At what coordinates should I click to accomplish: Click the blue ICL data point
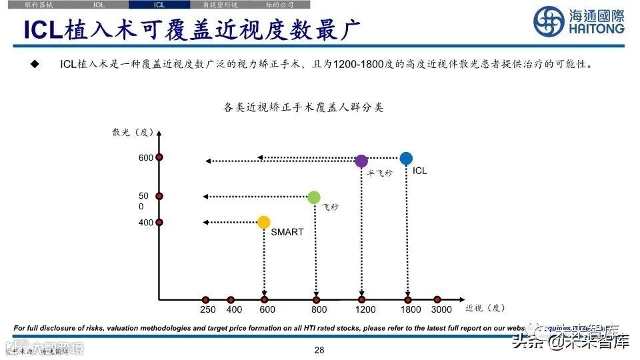tap(406, 158)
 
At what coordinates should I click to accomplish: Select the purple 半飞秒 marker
tap(361, 161)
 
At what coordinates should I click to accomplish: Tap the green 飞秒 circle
tap(314, 197)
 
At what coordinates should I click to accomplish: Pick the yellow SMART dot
tap(264, 222)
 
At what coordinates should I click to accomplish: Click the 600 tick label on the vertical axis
tap(146, 158)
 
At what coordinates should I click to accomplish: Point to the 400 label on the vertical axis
tap(146, 223)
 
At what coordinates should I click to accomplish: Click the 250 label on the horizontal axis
tap(208, 309)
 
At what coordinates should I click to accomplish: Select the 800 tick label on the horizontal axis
tap(319, 309)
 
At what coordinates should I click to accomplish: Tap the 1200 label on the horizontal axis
tap(365, 309)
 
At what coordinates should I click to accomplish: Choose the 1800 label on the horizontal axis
tap(411, 309)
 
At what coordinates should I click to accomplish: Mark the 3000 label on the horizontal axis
tap(441, 309)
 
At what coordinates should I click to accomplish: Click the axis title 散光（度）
tap(133, 132)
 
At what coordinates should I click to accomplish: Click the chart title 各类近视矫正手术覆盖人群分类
tap(303, 107)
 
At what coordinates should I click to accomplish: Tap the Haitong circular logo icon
tap(548, 22)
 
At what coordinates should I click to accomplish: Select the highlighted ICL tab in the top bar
tap(159, 4)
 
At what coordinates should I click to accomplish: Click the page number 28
tap(319, 350)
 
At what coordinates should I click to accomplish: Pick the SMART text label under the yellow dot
tap(287, 232)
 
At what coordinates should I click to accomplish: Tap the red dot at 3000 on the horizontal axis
tap(437, 300)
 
